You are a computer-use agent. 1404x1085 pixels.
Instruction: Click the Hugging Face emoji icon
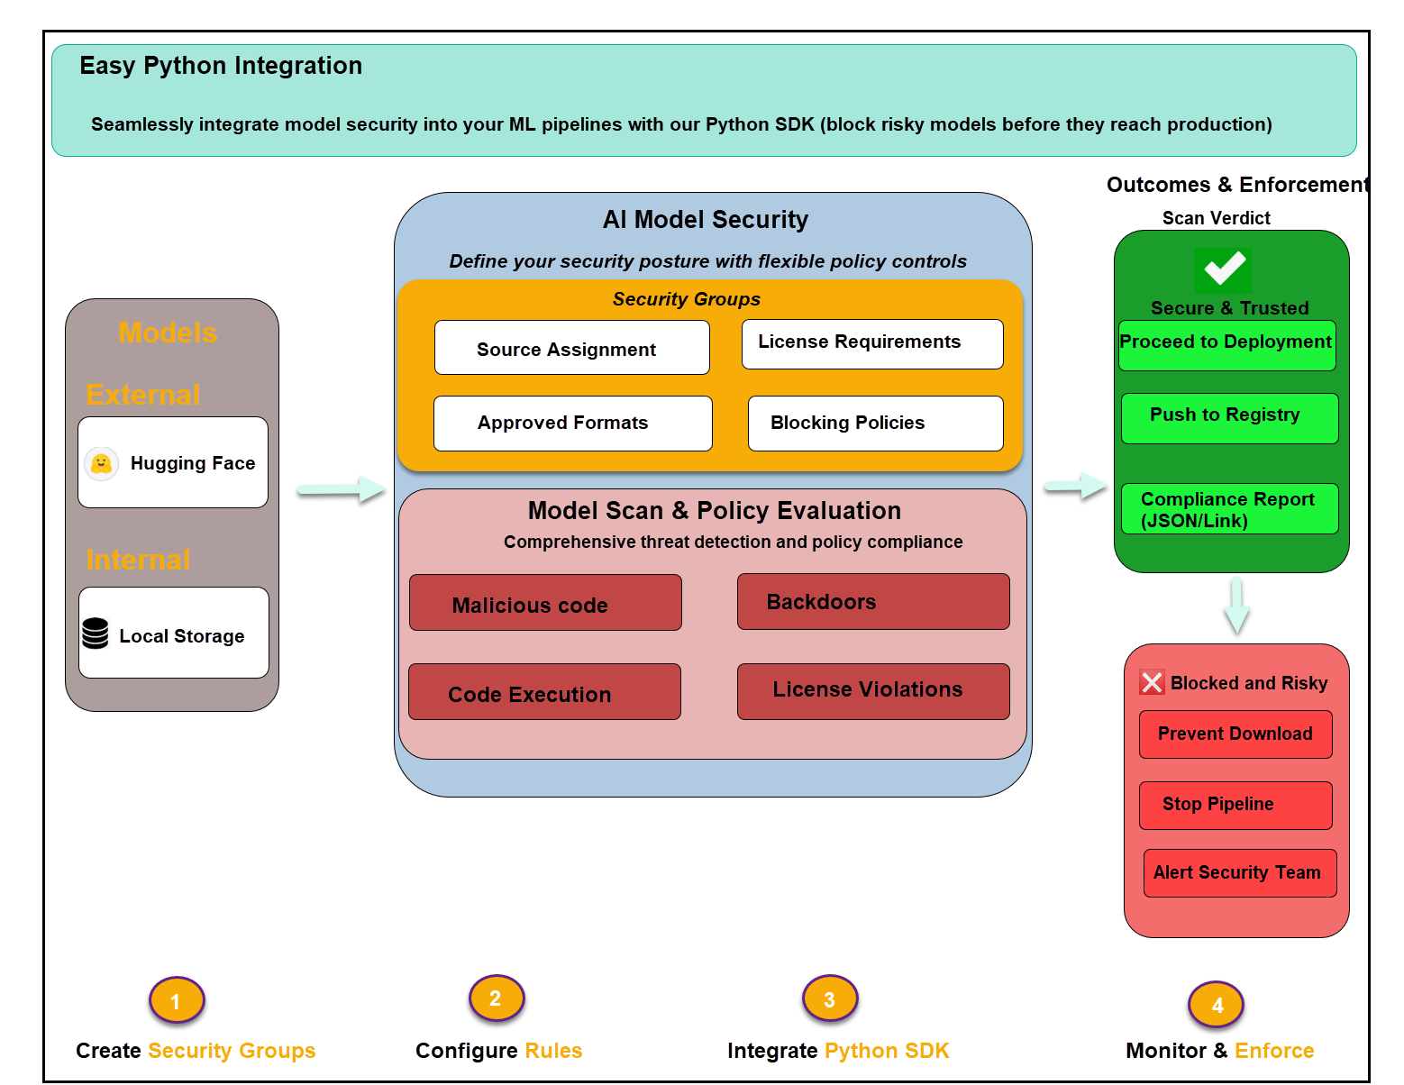point(102,463)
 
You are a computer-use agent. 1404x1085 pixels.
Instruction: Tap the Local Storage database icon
point(95,634)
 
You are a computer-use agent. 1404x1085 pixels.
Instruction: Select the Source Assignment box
point(571,348)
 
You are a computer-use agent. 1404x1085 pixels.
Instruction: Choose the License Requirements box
point(871,343)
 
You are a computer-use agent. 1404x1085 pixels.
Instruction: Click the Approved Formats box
point(572,424)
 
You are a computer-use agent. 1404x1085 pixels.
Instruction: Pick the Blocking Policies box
point(875,424)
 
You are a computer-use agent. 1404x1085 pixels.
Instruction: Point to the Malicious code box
point(545,603)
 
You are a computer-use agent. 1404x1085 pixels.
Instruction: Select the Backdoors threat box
point(872,602)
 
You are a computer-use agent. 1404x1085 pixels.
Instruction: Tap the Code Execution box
point(544,692)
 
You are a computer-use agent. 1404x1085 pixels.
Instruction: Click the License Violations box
point(872,691)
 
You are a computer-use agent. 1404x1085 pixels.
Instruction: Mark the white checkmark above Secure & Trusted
point(1224,269)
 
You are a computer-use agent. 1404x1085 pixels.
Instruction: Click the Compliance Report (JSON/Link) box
point(1229,509)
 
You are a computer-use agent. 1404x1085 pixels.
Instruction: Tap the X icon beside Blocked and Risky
point(1152,682)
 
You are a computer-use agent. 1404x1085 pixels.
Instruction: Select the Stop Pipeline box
point(1235,805)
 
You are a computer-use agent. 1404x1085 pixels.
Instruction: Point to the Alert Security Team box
point(1239,873)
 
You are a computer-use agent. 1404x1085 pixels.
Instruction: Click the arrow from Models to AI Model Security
point(341,489)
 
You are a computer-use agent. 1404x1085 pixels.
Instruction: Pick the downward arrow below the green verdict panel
point(1236,606)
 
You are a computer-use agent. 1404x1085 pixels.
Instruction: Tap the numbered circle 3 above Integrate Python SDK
point(829,998)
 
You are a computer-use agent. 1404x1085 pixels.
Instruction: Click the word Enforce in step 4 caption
point(1273,1051)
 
